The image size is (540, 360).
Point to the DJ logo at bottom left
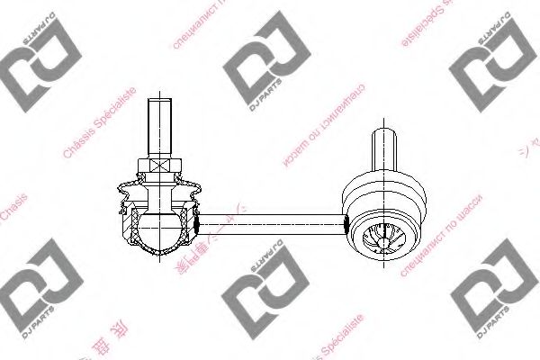tap(33, 293)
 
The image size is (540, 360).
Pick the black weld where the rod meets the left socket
tap(193, 219)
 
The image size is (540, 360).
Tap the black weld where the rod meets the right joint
tap(344, 218)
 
